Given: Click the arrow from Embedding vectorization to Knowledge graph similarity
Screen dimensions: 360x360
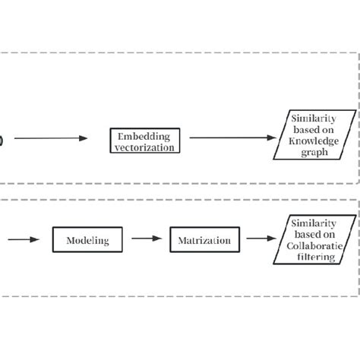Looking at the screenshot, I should click(232, 138).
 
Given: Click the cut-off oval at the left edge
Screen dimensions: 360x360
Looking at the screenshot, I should click(2, 138).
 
